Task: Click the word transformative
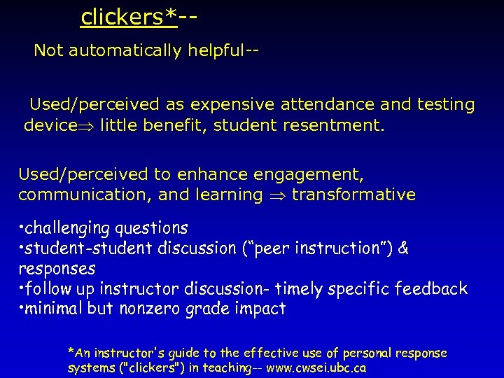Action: click(353, 195)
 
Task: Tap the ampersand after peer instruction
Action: click(403, 248)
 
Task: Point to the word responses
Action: click(57, 269)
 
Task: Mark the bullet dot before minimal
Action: click(22, 308)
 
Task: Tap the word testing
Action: click(444, 105)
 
